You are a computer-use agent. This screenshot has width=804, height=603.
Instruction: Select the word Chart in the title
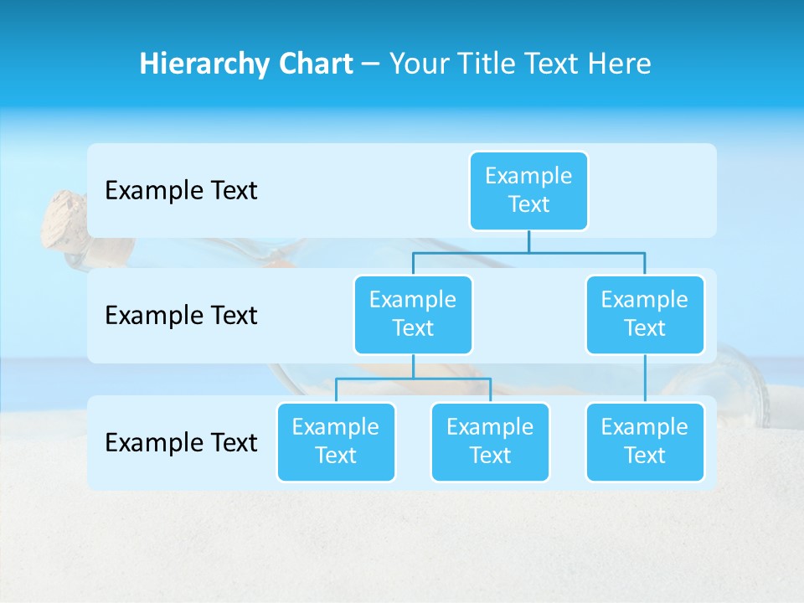tap(315, 64)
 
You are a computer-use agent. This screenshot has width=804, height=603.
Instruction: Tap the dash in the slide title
tap(371, 64)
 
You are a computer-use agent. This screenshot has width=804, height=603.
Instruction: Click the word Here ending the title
tap(619, 64)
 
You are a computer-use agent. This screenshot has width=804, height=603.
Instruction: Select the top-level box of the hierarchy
tap(528, 190)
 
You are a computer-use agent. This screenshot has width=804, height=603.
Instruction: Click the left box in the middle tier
tap(413, 314)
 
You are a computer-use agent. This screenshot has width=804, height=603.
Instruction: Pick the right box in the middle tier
tap(645, 314)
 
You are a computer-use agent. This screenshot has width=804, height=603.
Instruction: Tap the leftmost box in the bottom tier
tap(336, 441)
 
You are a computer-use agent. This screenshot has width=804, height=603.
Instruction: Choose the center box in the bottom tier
tap(490, 441)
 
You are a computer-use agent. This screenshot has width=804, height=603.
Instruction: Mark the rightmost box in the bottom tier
tap(645, 441)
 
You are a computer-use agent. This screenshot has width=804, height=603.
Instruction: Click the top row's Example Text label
tap(181, 190)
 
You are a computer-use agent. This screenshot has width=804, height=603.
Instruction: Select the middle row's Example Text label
tap(181, 315)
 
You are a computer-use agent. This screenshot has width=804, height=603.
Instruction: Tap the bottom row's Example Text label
tap(181, 442)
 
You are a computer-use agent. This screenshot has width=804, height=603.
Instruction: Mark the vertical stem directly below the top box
tap(528, 241)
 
